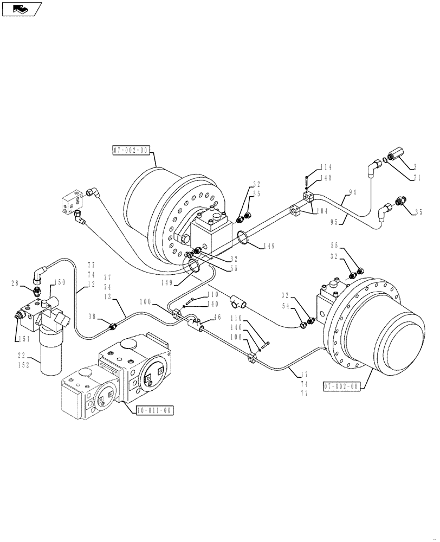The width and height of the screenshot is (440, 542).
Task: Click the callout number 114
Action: coord(325,167)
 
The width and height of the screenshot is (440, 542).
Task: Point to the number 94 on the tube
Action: coord(353,192)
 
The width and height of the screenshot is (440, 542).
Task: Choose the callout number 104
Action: coord(322,210)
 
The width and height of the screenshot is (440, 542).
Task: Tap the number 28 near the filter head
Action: coord(15,283)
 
